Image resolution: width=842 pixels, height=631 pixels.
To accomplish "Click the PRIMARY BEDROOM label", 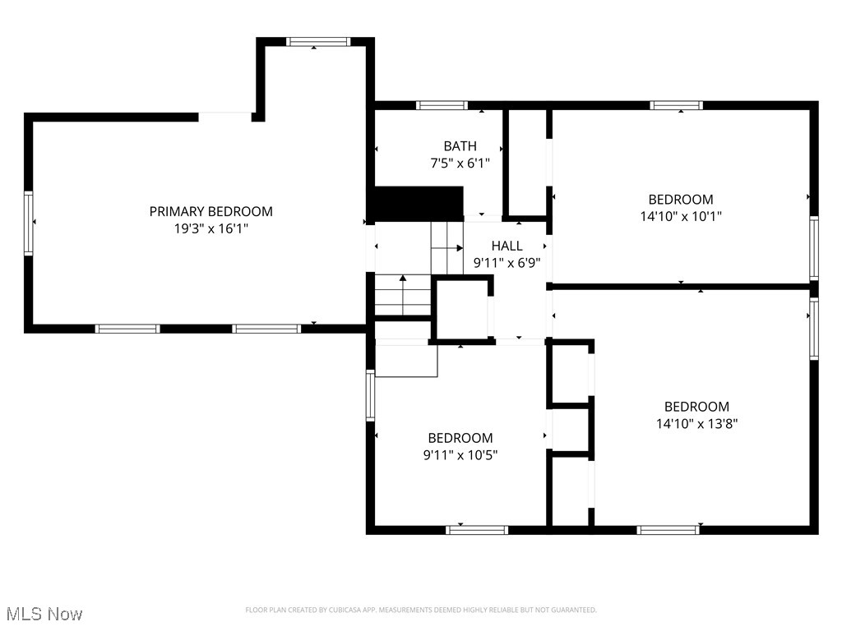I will click(210, 211).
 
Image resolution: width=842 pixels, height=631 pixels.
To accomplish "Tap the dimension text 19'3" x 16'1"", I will click(210, 229).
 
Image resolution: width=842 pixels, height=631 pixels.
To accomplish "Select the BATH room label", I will click(460, 146).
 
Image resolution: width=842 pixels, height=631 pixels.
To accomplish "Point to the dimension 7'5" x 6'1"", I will click(460, 164).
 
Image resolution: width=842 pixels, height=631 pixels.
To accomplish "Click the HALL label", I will click(507, 246).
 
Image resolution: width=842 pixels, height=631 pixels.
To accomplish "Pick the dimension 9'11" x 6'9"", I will click(507, 264).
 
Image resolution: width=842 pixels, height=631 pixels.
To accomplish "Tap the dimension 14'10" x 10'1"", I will click(680, 217).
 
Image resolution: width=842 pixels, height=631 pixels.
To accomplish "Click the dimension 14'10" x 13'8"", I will click(696, 424).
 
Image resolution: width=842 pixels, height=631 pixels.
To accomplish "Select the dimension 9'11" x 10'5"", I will click(460, 455).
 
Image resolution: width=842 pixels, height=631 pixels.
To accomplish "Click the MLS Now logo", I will click(44, 614).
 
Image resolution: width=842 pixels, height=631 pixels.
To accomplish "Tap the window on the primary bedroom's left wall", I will click(29, 223).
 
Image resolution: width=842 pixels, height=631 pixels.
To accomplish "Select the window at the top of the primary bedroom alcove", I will click(317, 42).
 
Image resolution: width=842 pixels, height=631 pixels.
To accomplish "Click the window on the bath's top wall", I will click(442, 105).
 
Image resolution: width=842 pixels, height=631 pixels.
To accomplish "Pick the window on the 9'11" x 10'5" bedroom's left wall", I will click(371, 395).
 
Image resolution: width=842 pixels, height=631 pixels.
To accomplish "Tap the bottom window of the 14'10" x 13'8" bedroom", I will click(668, 530).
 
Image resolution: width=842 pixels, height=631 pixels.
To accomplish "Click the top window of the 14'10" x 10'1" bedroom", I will click(676, 105).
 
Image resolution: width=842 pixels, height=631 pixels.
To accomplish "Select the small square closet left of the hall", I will click(461, 310).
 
